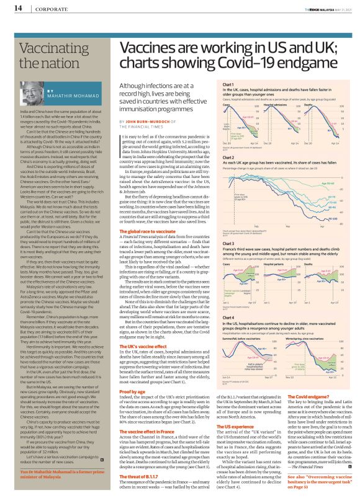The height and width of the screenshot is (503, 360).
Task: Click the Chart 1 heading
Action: click(228, 84)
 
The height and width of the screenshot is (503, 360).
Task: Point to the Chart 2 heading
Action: click(228, 158)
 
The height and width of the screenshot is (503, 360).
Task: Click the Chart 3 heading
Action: click(228, 244)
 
